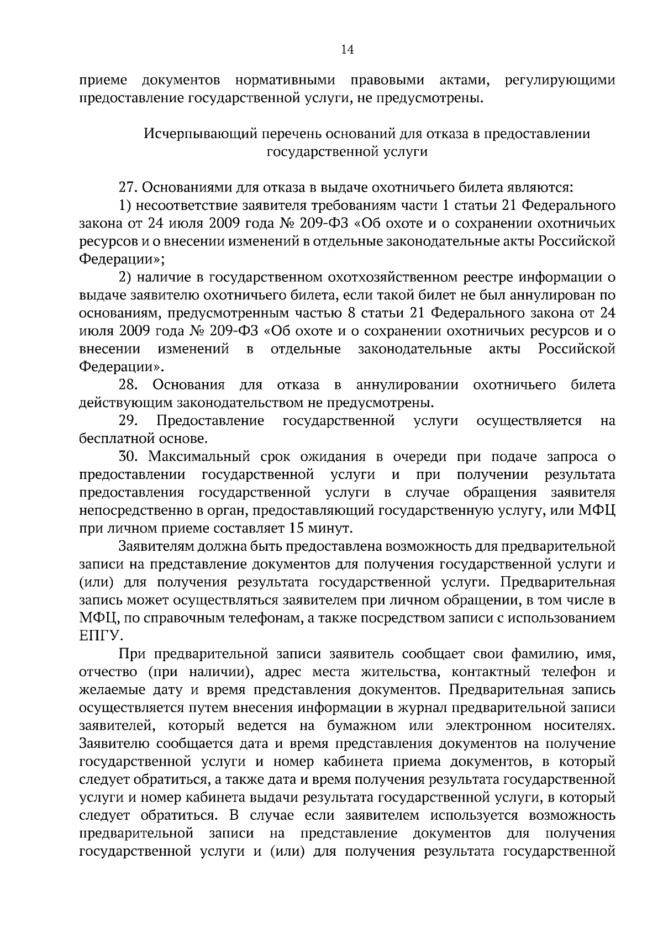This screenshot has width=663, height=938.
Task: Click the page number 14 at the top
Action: click(347, 50)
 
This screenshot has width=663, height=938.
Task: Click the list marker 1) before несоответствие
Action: click(125, 206)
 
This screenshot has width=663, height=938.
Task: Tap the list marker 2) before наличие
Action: click(125, 278)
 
